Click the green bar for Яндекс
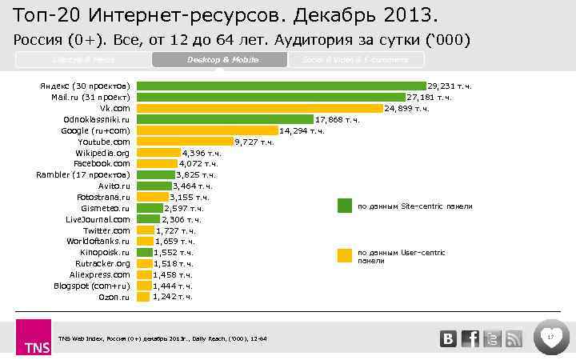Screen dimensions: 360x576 point(280,86)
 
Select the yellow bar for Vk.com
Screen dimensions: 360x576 point(259,108)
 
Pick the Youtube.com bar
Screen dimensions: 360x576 point(184,142)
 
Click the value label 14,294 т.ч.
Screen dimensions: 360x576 point(302,130)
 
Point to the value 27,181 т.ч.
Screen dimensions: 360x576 point(429,97)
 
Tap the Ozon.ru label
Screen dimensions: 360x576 point(114,296)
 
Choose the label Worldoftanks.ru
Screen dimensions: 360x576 point(98,241)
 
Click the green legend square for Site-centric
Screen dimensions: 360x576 point(344,206)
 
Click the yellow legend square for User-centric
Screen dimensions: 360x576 point(344,255)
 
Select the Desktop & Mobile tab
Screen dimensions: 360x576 point(217,60)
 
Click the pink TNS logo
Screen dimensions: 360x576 point(33,338)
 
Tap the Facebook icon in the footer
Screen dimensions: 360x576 point(471,338)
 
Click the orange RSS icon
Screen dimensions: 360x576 point(514,338)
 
